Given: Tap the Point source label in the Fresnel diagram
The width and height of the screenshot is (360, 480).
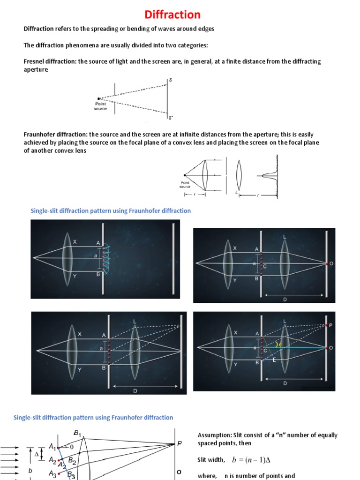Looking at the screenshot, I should pos(100,106).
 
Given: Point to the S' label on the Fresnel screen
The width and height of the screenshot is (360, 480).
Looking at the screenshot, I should pos(170,118).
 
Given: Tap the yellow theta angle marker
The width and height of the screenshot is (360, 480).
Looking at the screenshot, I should pos(280,344).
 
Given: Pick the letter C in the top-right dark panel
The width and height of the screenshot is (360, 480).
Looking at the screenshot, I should pos(265,267).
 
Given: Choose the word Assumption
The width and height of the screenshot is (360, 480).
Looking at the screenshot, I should pos(214,435).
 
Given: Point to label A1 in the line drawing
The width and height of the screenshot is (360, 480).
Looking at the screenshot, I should pos(53,447).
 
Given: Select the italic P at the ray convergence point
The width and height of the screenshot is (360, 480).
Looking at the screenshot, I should pos(179,444).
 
